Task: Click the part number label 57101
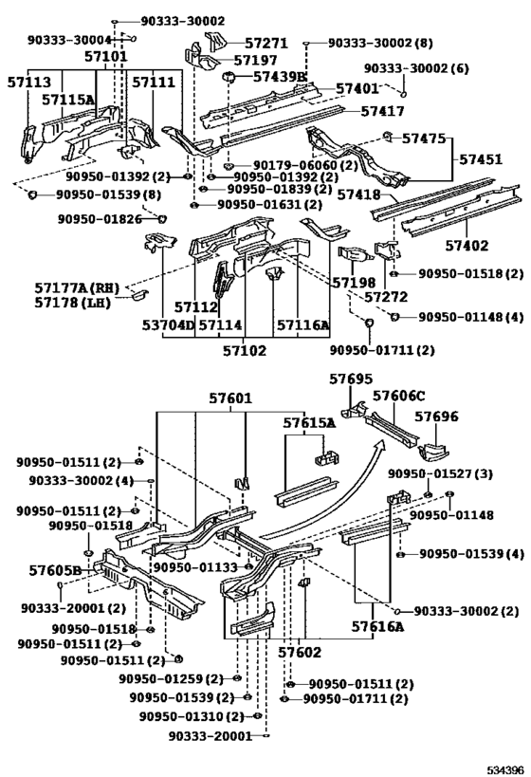[105, 56]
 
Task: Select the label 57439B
[280, 76]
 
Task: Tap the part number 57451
[480, 159]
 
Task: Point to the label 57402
[467, 246]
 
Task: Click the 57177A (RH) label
[77, 287]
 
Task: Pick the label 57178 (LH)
[72, 302]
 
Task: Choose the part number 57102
[245, 350]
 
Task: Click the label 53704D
[169, 325]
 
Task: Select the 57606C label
[399, 396]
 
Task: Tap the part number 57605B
[55, 570]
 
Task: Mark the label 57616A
[378, 627]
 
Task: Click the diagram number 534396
[504, 769]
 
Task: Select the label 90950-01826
[100, 218]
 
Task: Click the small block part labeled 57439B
[229, 77]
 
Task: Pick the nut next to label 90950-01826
[162, 218]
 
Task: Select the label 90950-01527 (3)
[440, 473]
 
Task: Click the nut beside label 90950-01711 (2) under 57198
[369, 324]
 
